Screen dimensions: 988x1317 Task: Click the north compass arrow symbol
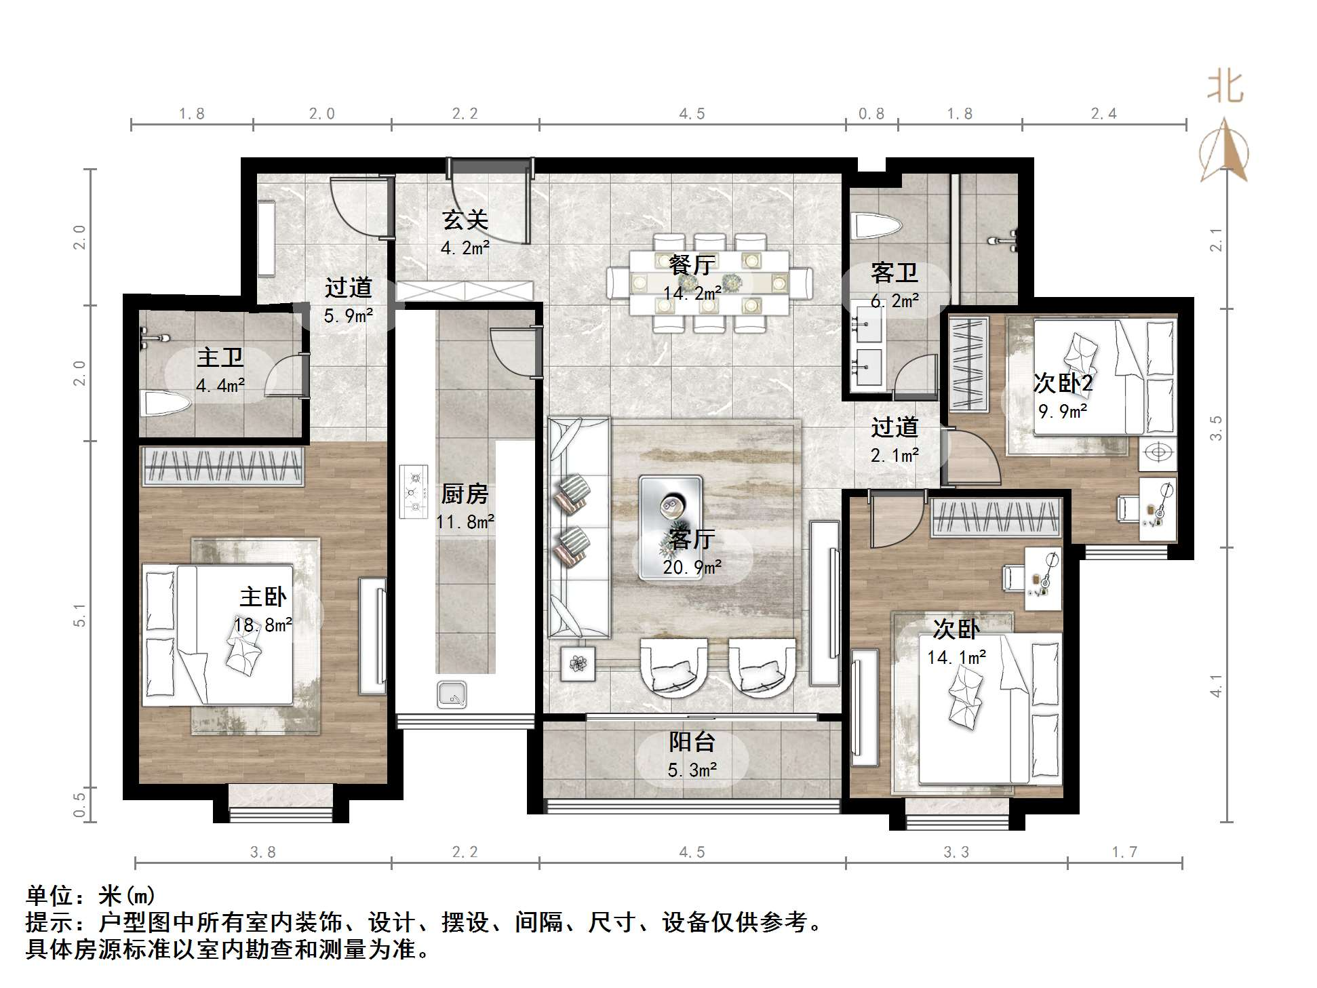[x=1225, y=151]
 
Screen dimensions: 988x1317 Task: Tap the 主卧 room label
[x=263, y=597]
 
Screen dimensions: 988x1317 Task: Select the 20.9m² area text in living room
[x=692, y=567]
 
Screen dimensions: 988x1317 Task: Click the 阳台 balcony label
[x=692, y=742]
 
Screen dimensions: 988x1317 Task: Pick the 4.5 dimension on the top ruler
[x=692, y=113]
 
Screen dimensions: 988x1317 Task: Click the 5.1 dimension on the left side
[x=80, y=614]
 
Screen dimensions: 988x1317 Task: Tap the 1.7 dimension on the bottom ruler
[x=1124, y=852]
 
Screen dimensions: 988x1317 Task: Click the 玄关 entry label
[x=465, y=220]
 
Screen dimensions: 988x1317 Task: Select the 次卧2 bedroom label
[x=1063, y=384]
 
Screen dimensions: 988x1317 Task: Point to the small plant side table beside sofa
[x=578, y=663]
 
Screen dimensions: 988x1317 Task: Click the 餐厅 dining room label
[x=692, y=265]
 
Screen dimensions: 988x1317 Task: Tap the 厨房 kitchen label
[x=465, y=494]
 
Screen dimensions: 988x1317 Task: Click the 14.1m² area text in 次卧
[x=956, y=657]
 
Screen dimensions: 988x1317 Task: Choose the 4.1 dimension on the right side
[x=1217, y=686]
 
